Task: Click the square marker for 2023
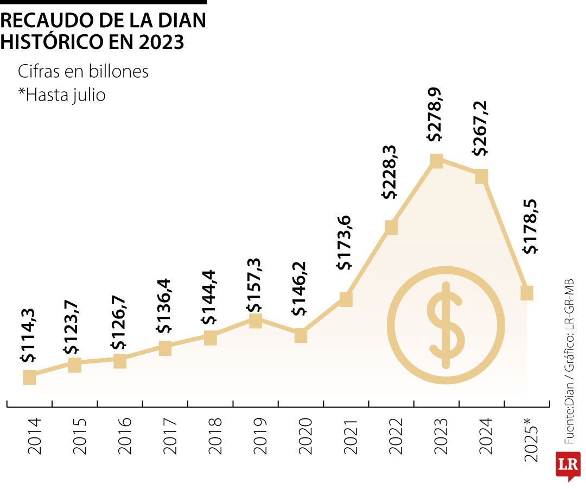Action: [x=436, y=160]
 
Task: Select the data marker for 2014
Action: [x=29, y=378]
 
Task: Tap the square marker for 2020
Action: [x=301, y=336]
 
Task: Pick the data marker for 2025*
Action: [x=527, y=293]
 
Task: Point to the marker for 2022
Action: [x=391, y=227]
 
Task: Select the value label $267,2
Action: [x=480, y=129]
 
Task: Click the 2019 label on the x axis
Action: [x=260, y=436]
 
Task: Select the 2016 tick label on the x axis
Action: [x=124, y=436]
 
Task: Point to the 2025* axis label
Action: [x=532, y=440]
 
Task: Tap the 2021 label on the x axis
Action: [x=351, y=436]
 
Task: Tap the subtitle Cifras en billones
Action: [x=83, y=71]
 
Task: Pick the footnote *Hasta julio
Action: [x=61, y=95]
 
